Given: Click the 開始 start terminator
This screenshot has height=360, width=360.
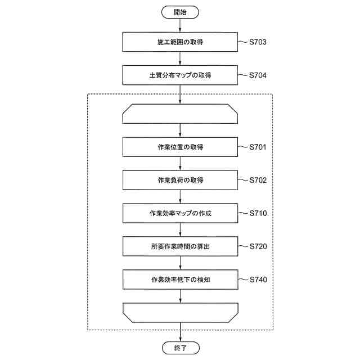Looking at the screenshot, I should click(180, 11).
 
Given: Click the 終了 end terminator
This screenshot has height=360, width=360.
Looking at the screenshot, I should click(180, 348).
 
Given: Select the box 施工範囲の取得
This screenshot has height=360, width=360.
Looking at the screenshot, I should click(180, 42).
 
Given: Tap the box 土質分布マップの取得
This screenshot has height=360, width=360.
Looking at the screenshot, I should click(180, 75).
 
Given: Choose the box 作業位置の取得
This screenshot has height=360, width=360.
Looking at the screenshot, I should click(180, 147).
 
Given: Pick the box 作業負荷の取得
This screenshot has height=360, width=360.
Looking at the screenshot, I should click(180, 181).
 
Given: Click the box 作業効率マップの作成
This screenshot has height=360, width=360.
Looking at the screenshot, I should click(180, 214).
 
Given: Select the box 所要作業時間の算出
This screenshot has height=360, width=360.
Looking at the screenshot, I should click(180, 246).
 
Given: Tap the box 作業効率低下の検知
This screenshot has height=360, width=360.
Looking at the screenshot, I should click(180, 280).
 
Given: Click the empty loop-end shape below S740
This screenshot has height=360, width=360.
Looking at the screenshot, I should click(180, 312).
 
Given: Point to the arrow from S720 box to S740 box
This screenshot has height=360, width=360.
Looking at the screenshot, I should click(180, 263).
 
